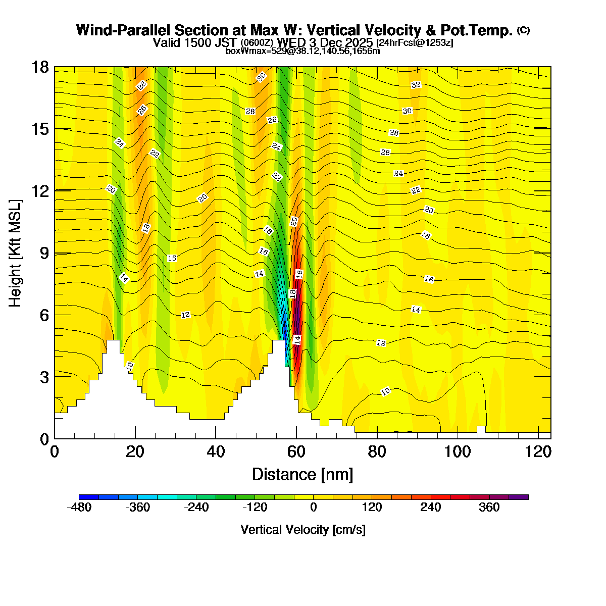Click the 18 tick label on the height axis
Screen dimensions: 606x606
pyautogui.click(x=40, y=67)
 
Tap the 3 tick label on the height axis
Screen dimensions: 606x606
pyautogui.click(x=43, y=377)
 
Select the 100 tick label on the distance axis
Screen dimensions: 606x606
pyautogui.click(x=458, y=451)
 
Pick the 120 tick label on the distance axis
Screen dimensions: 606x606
pyautogui.click(x=538, y=451)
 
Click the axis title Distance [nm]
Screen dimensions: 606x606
pyautogui.click(x=302, y=475)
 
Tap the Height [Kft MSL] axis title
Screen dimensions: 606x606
pyautogui.click(x=16, y=253)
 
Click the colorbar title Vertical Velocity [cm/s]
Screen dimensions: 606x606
pyautogui.click(x=303, y=530)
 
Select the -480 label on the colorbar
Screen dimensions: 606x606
pyautogui.click(x=79, y=508)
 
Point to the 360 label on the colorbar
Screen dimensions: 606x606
pyautogui.click(x=489, y=508)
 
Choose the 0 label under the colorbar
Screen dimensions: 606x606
pyautogui.click(x=314, y=508)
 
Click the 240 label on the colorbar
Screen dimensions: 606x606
pyautogui.click(x=431, y=508)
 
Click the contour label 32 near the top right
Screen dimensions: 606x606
pyautogui.click(x=416, y=85)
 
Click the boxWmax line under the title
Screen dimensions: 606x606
pyautogui.click(x=302, y=50)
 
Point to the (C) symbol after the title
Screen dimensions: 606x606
pyautogui.click(x=523, y=30)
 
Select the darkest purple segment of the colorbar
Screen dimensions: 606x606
pyautogui.click(x=519, y=497)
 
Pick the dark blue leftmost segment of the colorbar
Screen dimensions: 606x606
pyautogui.click(x=89, y=497)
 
